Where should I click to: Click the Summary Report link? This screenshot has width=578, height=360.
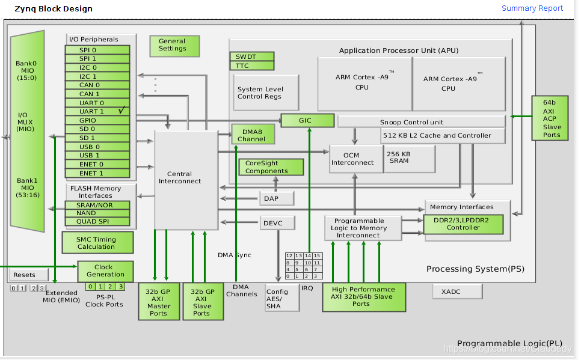click(x=532, y=8)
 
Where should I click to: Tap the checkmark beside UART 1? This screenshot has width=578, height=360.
click(x=121, y=111)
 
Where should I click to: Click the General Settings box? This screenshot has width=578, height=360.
click(x=174, y=45)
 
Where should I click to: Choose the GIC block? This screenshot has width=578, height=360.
click(x=307, y=120)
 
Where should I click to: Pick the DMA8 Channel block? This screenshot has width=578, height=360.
click(x=253, y=135)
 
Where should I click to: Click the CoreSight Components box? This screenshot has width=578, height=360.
click(x=266, y=167)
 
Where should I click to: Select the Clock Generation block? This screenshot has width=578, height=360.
click(x=105, y=270)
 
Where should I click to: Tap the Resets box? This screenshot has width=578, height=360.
click(x=24, y=275)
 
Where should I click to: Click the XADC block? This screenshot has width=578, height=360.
click(x=457, y=291)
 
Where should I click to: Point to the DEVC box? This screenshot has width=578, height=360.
click(x=278, y=223)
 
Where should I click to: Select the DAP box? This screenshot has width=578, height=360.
click(x=278, y=198)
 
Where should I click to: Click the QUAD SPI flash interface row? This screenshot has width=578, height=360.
click(x=97, y=221)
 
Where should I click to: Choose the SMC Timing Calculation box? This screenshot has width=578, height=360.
click(x=96, y=242)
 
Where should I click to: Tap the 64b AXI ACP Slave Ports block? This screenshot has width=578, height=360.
click(x=552, y=118)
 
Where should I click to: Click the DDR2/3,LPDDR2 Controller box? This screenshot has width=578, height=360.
click(x=463, y=224)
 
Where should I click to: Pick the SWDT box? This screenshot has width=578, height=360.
click(x=251, y=56)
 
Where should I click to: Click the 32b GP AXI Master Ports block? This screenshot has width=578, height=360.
click(x=158, y=302)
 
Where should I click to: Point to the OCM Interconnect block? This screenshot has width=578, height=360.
click(x=355, y=159)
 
